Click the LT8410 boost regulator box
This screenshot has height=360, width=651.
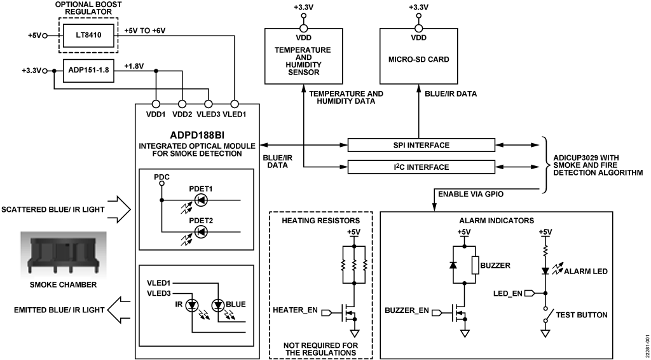(88, 35)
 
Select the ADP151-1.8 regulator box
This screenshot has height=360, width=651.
(88, 71)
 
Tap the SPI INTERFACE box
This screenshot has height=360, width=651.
(421, 145)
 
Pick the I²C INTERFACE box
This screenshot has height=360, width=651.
(421, 167)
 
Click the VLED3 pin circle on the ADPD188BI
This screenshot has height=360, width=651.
(209, 104)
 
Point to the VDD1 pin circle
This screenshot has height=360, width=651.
(156, 104)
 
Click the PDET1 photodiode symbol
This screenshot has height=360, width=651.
(201, 200)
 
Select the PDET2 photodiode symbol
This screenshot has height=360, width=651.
(201, 232)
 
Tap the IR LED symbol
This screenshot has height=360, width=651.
(192, 306)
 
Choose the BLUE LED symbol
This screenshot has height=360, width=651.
(217, 306)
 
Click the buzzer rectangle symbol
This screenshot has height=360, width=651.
(476, 265)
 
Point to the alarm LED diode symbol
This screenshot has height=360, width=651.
(545, 271)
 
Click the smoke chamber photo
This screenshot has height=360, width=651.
(64, 255)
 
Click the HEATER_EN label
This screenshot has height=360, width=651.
(295, 310)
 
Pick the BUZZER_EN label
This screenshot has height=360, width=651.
(407, 310)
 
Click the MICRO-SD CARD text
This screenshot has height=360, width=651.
(418, 59)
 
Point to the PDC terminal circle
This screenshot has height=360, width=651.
(162, 183)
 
